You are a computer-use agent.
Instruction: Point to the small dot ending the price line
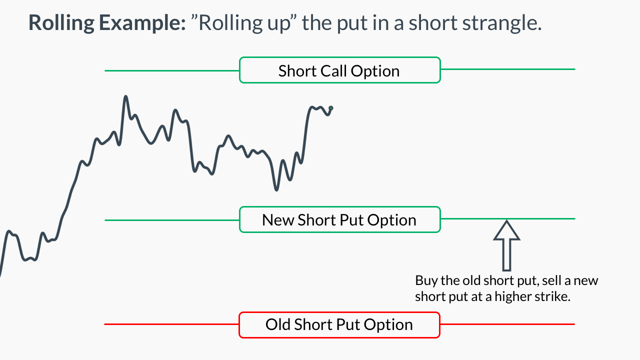pyautogui.click(x=331, y=108)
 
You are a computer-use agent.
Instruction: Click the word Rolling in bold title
pyautogui.click(x=61, y=23)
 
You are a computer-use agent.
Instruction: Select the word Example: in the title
pyautogui.click(x=142, y=23)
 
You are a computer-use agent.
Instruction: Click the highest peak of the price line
pyautogui.click(x=125, y=96)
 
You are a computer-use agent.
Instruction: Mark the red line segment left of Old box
pyautogui.click(x=171, y=324)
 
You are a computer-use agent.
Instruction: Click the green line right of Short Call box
pyautogui.click(x=507, y=69)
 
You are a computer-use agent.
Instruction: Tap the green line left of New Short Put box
pyautogui.click(x=172, y=220)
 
